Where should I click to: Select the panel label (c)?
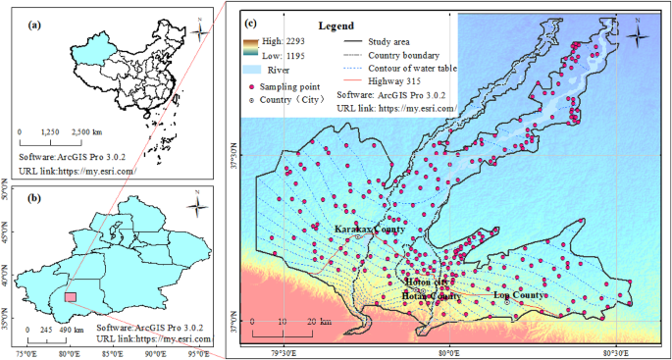click(251, 23)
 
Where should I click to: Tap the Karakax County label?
click(369, 229)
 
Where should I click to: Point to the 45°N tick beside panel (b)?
click(7, 238)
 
